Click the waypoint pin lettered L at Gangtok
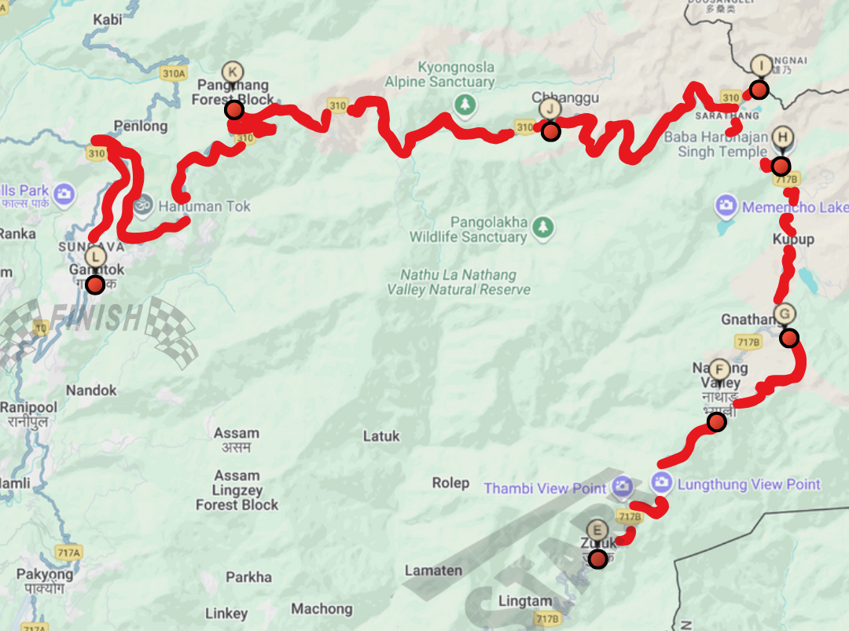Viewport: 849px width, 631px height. [95, 257]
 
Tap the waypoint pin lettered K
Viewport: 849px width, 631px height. [232, 72]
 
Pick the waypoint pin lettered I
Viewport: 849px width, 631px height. [761, 65]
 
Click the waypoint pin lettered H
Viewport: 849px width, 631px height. [782, 138]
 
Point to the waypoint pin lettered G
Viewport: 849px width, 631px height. [784, 314]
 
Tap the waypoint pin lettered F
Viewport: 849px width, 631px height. [719, 369]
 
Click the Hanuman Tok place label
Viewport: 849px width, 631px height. [204, 207]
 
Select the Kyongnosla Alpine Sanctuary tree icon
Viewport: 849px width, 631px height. [465, 104]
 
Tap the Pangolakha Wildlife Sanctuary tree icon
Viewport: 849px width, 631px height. [541, 228]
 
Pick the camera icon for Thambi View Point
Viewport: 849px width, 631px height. [623, 487]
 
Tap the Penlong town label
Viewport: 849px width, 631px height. [141, 126]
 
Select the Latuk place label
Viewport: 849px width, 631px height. [381, 436]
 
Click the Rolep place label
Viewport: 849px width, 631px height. [450, 482]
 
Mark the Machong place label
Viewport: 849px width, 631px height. [322, 608]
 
